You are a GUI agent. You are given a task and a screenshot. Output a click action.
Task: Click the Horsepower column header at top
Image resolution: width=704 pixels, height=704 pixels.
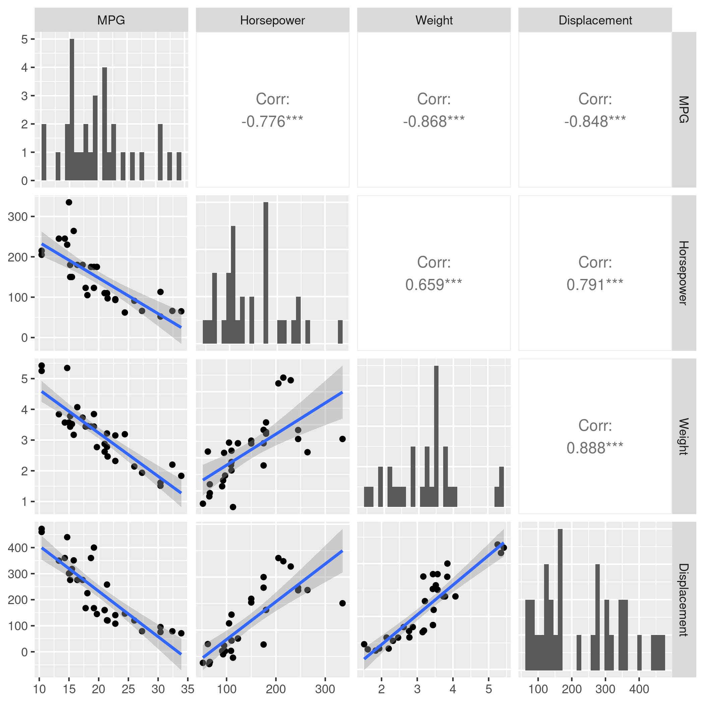click(272, 20)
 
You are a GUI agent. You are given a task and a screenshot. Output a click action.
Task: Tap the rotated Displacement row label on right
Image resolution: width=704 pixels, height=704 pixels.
click(683, 600)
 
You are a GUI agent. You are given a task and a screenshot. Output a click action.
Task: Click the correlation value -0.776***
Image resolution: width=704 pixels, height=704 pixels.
click(272, 121)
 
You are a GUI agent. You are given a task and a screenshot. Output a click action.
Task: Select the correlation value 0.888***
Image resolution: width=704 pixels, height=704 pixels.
click(595, 448)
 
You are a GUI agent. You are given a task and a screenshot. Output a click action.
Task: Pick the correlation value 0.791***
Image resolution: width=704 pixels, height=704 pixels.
click(595, 285)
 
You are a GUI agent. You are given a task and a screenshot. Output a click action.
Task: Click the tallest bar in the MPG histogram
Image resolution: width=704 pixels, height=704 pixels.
click(72, 109)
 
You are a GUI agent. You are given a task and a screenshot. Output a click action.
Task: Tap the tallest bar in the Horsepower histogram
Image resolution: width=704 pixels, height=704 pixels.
click(266, 273)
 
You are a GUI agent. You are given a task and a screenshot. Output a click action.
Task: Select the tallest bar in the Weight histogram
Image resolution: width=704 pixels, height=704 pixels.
click(436, 437)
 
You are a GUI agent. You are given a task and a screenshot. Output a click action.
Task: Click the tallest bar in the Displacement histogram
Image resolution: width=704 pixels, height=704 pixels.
click(560, 601)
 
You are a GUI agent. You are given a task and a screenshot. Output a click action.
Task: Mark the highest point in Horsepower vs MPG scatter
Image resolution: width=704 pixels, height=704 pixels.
click(69, 202)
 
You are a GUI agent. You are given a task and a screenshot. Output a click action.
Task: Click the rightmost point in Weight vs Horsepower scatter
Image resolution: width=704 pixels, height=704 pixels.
click(342, 439)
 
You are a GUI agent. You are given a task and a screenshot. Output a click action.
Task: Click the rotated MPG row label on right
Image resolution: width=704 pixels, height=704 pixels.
click(683, 109)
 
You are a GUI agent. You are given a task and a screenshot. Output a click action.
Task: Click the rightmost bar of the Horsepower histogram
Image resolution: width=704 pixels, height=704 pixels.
click(340, 332)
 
